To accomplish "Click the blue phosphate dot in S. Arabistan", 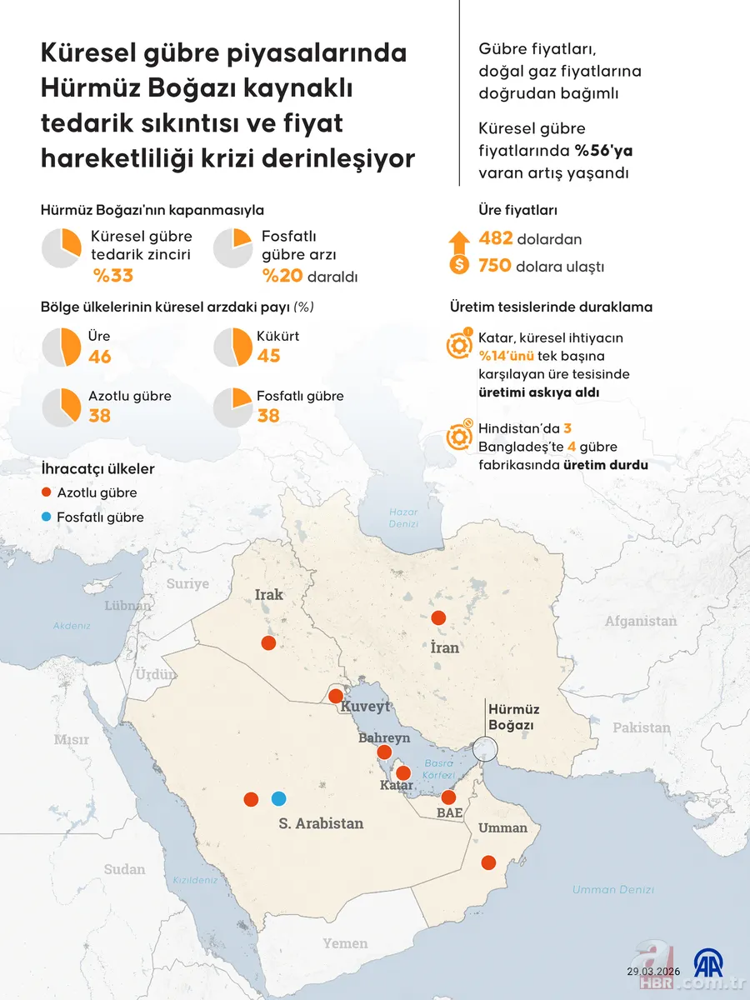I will pyautogui.click(x=278, y=798).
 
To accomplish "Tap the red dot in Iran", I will pyautogui.click(x=437, y=617).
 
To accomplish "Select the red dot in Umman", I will pyautogui.click(x=488, y=862).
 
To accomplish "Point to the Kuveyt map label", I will pyautogui.click(x=365, y=707).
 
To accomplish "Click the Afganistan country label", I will pyautogui.click(x=641, y=621).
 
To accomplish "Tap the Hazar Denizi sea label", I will pyautogui.click(x=403, y=518).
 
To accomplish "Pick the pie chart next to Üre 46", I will pyautogui.click(x=61, y=347).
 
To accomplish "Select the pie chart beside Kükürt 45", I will pyautogui.click(x=232, y=347).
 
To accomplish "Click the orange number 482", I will pyautogui.click(x=496, y=239).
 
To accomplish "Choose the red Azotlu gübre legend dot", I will pyautogui.click(x=47, y=493).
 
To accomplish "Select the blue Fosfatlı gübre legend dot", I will pyautogui.click(x=47, y=517).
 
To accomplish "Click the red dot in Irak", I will pyautogui.click(x=268, y=642).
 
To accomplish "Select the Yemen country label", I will pyautogui.click(x=345, y=943).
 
